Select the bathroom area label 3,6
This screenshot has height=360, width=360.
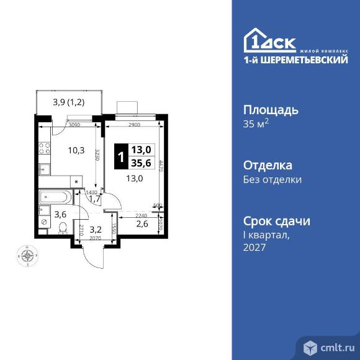(60, 215)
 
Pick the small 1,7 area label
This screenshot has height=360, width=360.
(94, 199)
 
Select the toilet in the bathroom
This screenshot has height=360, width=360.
(61, 228)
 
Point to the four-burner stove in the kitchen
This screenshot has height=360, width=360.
(44, 149)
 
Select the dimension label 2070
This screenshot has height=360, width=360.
(94, 238)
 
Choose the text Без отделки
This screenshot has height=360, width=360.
(272, 180)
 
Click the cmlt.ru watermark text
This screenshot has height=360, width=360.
(335, 346)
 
